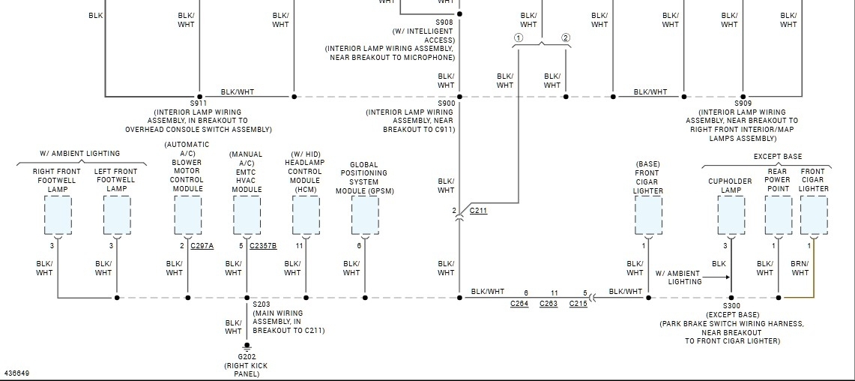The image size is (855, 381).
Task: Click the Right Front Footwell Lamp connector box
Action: point(58,216)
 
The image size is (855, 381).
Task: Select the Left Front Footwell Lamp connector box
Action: point(116,216)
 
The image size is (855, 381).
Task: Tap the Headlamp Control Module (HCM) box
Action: point(306,216)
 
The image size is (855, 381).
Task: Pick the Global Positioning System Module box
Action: point(365,216)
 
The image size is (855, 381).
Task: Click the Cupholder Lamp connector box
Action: point(731,216)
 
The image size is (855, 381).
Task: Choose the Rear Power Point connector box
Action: point(778,216)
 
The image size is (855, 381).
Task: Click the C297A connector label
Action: point(202,246)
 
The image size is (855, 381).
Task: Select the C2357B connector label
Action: point(263,246)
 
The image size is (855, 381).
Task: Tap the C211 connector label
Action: point(478,211)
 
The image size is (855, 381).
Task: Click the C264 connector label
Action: point(519,304)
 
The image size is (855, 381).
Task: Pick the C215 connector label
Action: point(578,304)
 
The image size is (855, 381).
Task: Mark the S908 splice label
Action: point(445,22)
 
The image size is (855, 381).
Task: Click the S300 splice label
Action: point(731,306)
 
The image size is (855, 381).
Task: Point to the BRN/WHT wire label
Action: point(800,268)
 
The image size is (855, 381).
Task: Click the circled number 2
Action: point(566,38)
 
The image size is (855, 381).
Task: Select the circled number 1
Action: point(518,38)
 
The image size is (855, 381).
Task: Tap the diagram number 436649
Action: point(16,373)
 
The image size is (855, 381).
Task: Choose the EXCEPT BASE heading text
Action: point(777,157)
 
